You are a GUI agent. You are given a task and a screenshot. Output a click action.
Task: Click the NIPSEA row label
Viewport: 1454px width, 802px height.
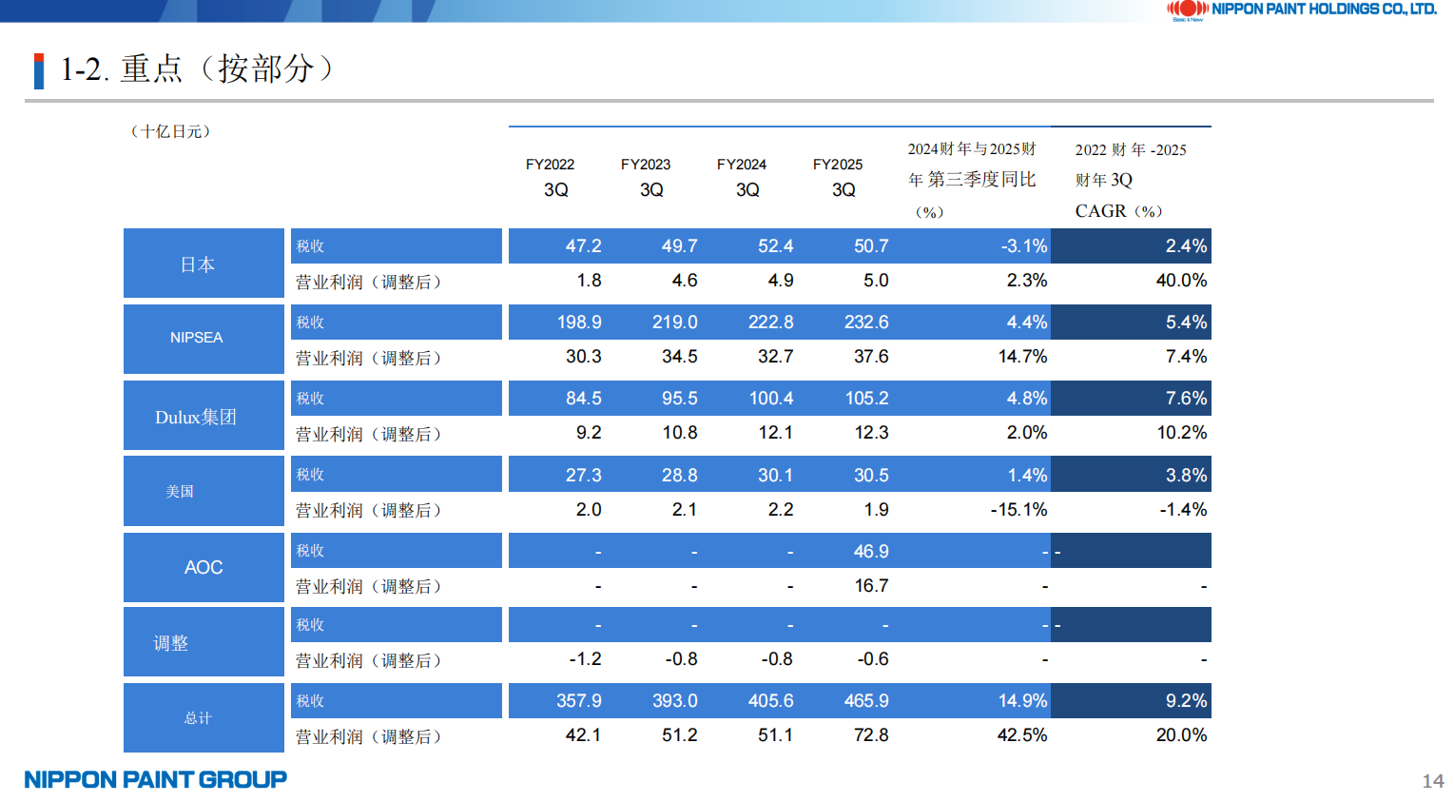tap(197, 338)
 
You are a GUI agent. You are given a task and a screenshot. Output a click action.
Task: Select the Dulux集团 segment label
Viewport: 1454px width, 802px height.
tap(196, 417)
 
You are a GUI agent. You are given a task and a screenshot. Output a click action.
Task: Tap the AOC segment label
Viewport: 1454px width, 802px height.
tap(204, 567)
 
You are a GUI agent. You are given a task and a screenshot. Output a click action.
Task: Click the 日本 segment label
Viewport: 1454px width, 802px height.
tap(198, 264)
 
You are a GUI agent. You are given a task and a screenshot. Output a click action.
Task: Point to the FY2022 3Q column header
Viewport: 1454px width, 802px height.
tap(551, 177)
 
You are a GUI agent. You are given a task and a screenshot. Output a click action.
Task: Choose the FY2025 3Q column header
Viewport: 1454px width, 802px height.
tap(838, 177)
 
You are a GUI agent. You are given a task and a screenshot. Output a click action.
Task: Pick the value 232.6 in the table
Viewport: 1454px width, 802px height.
tap(866, 323)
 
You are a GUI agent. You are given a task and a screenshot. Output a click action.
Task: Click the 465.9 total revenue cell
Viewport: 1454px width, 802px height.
tap(866, 701)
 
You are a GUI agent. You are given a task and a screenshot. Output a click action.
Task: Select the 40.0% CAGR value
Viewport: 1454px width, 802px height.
tap(1181, 281)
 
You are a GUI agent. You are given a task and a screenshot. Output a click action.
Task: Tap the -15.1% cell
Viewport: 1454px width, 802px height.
tap(1018, 510)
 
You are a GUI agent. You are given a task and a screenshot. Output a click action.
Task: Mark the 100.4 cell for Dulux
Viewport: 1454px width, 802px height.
tap(771, 399)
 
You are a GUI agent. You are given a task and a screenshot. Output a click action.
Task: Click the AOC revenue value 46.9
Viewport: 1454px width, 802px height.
tap(871, 552)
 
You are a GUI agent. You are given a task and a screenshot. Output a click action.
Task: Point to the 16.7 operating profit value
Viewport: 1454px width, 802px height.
tap(871, 586)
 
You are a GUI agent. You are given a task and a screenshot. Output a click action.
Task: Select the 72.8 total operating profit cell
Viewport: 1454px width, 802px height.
tap(871, 735)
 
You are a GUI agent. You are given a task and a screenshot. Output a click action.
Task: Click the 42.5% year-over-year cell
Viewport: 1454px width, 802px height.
tap(1022, 735)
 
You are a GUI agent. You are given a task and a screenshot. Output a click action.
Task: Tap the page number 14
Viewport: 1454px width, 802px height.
tap(1432, 781)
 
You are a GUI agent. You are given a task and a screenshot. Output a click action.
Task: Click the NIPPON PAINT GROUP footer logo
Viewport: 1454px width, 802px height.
tap(156, 780)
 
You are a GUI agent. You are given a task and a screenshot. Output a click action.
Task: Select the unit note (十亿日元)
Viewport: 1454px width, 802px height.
tap(171, 131)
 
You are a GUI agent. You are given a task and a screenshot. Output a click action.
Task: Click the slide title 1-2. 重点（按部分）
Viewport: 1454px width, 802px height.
tap(197, 68)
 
